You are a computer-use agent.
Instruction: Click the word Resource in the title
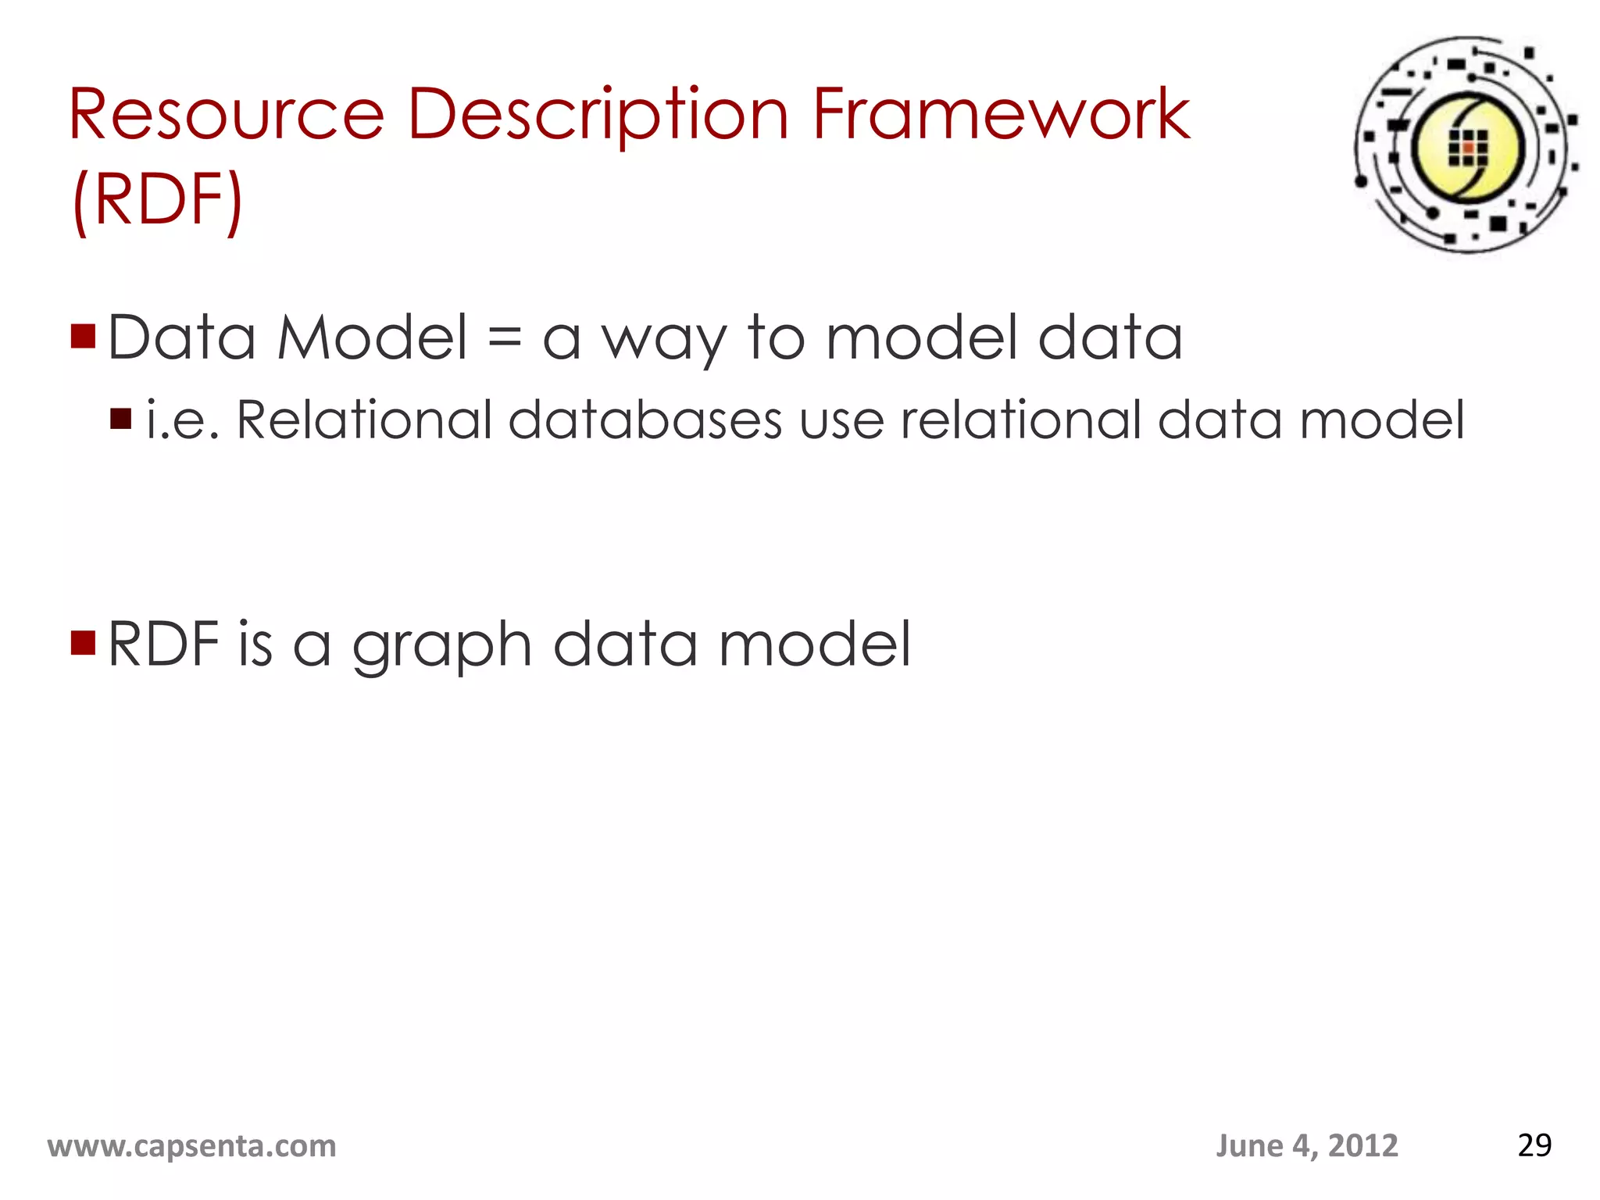point(227,116)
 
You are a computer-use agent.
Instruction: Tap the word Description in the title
point(598,116)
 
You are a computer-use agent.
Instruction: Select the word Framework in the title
point(1001,116)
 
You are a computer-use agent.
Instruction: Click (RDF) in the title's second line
point(157,199)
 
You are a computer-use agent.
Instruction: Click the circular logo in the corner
point(1466,145)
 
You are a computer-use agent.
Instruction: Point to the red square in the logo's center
point(1468,148)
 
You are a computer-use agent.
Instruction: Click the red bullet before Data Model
point(83,336)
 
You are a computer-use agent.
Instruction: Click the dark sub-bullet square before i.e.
point(121,420)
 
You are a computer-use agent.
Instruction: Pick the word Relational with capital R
point(364,420)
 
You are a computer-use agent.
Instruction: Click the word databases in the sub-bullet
point(645,420)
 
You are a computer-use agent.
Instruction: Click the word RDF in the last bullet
point(164,644)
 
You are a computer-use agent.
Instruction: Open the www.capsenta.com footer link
point(192,1146)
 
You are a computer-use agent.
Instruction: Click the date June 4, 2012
point(1306,1146)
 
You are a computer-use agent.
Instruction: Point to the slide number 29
point(1534,1145)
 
